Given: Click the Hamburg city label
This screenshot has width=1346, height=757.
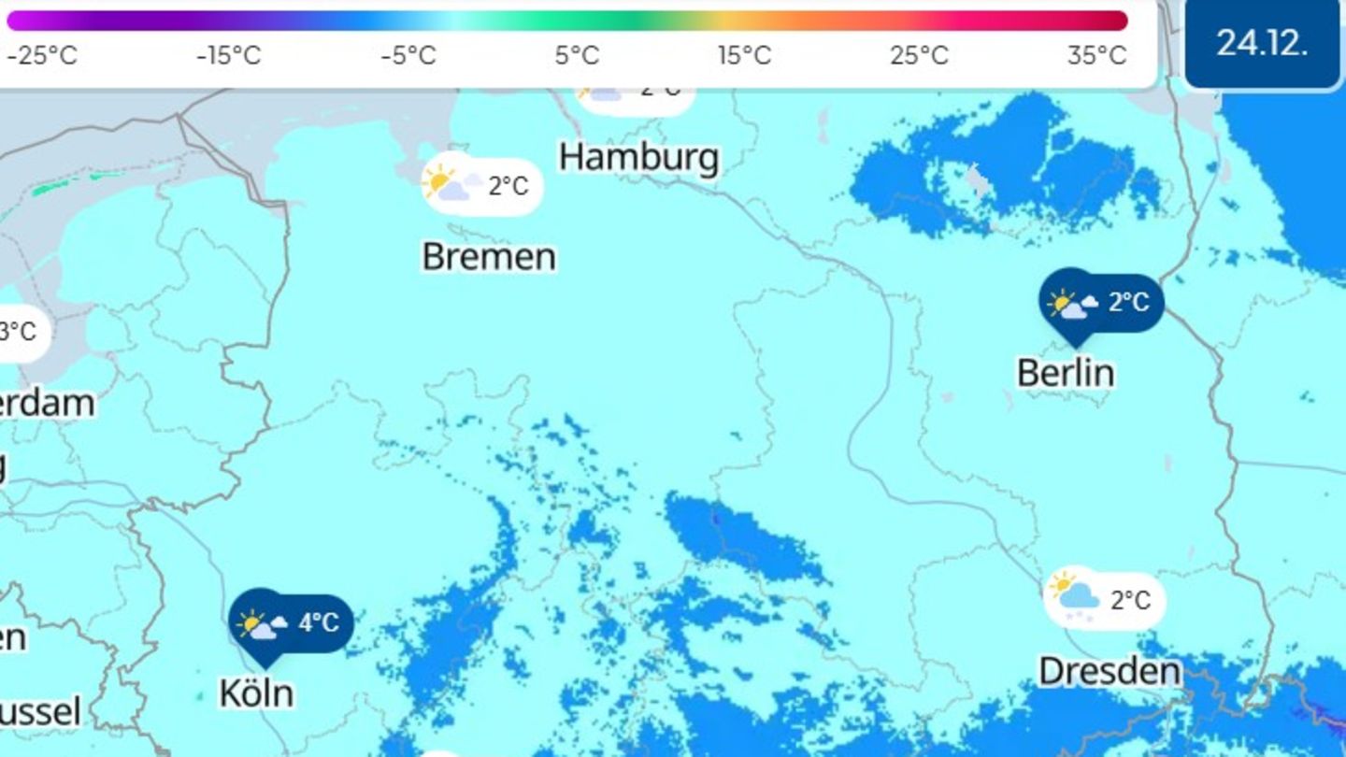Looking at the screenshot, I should coord(639,157).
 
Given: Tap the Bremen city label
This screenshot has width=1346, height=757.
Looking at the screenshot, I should coord(489,256).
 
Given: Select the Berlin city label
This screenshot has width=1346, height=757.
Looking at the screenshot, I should coord(1066,373).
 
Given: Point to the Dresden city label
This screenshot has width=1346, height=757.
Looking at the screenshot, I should coord(1110,671).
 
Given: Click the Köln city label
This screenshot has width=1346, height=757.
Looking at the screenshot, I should coord(256,693).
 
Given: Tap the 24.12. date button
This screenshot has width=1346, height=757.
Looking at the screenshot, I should coord(1262,43).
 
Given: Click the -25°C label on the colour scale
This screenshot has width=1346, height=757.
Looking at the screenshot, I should coord(42,56).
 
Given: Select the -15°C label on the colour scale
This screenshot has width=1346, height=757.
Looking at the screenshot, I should coord(229,56).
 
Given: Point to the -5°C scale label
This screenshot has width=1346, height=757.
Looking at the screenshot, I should coord(408,56).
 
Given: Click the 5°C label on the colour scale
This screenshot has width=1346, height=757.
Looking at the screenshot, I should coord(577,56).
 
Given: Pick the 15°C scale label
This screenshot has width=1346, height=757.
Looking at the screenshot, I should coord(745,56).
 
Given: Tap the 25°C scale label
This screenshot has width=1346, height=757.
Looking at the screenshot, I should coord(919,56).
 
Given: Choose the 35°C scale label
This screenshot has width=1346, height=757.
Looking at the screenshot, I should coord(1096,56).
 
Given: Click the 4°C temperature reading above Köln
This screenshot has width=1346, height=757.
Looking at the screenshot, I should coord(319,622).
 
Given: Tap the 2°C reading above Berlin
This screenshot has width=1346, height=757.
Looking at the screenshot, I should coord(1128,302).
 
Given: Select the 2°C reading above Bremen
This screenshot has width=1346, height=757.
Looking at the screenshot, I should coord(508,186).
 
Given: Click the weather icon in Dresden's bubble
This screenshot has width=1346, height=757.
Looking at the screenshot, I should coord(1075,596).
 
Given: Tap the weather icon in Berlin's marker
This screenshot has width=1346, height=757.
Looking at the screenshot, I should coord(1072,305).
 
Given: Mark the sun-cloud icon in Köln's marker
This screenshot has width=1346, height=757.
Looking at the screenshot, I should coord(262,624).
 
